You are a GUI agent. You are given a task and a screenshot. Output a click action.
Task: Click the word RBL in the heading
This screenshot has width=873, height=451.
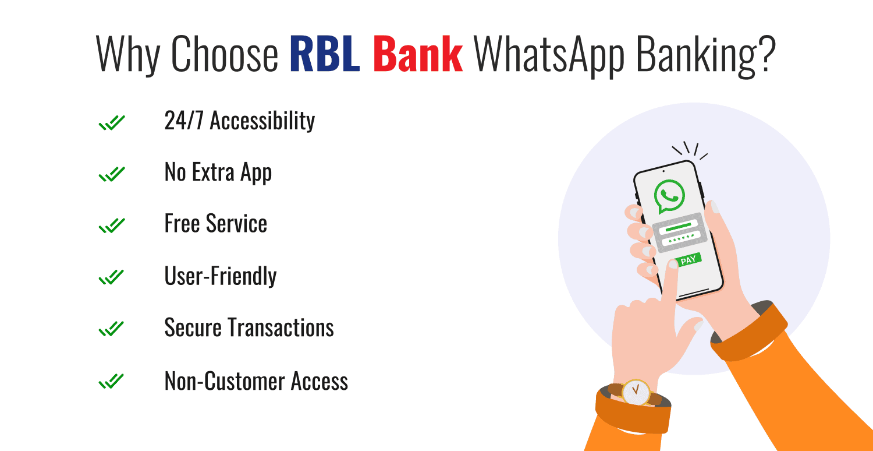point(324,54)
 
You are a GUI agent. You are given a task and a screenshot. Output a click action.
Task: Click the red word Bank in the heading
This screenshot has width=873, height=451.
point(418,54)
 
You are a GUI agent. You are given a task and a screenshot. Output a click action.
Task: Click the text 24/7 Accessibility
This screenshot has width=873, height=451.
point(239,121)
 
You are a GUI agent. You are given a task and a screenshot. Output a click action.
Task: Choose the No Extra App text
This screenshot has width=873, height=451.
point(218,173)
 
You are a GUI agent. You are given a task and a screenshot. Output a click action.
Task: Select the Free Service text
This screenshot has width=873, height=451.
point(216,224)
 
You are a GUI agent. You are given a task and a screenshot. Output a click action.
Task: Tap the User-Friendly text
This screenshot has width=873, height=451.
point(220,276)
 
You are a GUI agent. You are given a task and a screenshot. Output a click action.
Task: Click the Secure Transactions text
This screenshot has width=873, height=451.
point(249,327)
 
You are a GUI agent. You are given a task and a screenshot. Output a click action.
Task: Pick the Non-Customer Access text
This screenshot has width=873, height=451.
point(256,381)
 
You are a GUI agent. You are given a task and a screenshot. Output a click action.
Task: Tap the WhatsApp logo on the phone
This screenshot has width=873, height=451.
point(669,196)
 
